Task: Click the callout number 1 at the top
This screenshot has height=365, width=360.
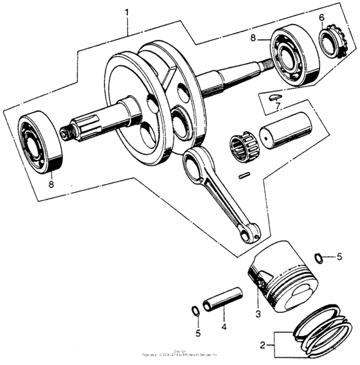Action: coord(127,13)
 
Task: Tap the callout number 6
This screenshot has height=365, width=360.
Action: coord(321,17)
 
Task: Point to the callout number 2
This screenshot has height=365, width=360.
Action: coord(263,345)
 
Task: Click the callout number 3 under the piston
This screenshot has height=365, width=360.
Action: coord(257,314)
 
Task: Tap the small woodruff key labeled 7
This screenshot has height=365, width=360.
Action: coord(274,95)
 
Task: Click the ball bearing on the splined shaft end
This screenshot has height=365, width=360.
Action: coord(40,142)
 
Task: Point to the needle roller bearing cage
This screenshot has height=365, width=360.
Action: coord(244,147)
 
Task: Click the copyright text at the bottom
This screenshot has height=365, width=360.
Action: coord(180,353)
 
